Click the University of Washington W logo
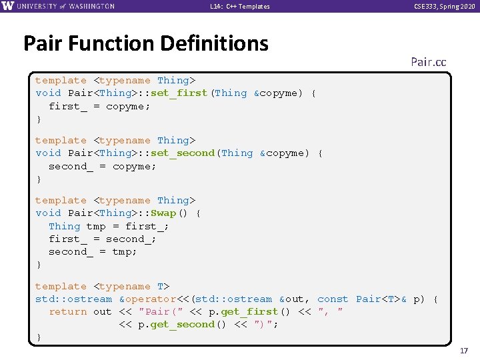coord(8,6)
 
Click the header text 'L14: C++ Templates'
coord(240,6)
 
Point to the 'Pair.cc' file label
coord(428,62)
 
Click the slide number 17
coord(465,350)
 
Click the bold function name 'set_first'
coord(179,93)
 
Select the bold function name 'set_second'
coord(183,153)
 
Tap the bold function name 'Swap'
coord(163,213)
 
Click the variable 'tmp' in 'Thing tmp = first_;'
coord(96,226)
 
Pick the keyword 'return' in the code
coord(67,312)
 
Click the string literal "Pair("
coord(158,312)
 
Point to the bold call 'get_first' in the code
coord(250,312)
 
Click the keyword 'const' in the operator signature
coord(333,299)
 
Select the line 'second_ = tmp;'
coord(93,252)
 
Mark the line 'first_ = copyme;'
coord(99,106)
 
